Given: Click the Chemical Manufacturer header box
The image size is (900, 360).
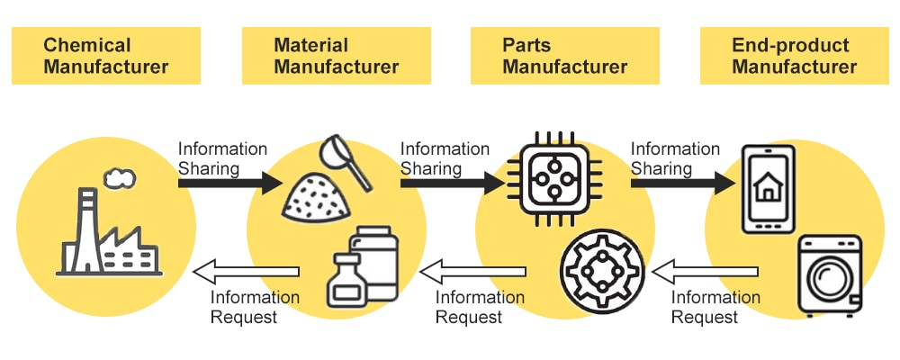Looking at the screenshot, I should click(105, 56).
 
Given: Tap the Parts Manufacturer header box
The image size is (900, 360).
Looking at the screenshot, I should click(565, 56).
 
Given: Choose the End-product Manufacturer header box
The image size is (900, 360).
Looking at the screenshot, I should click(795, 56).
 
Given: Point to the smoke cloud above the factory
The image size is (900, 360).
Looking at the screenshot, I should click(117, 179).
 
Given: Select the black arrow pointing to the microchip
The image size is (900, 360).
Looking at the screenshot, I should click(451, 184).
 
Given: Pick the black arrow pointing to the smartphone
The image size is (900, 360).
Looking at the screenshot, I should click(682, 184).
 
